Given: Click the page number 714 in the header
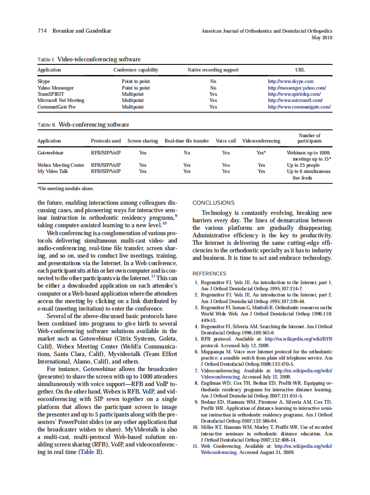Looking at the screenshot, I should click(x=42, y=31).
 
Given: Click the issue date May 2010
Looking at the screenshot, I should click(x=322, y=37).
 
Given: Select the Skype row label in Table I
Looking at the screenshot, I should click(x=44, y=81).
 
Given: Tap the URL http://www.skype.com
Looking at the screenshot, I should click(x=291, y=81).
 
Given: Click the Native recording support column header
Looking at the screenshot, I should click(x=213, y=70).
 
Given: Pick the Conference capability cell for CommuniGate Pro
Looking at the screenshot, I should click(x=132, y=107).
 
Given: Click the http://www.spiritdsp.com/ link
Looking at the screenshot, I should click(x=294, y=94).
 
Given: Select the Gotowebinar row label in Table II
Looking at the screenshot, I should click(x=50, y=153).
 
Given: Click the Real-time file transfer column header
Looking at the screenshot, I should click(x=187, y=141).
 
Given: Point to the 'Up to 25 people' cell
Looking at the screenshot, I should click(x=303, y=165).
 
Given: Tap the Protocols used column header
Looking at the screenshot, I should click(x=106, y=141).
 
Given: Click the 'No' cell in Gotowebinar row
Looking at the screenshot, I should click(x=187, y=153).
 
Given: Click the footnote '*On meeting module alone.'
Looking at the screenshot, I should click(x=65, y=188).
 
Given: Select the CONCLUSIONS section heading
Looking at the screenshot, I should click(x=213, y=203).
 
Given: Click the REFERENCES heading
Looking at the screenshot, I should click(x=209, y=274).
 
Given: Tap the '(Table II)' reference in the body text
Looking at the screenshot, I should click(x=91, y=452).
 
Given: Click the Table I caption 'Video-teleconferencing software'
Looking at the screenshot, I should click(x=99, y=59).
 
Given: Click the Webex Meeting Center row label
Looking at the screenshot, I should click(x=61, y=165).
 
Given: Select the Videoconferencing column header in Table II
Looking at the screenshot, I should click(x=261, y=141).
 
